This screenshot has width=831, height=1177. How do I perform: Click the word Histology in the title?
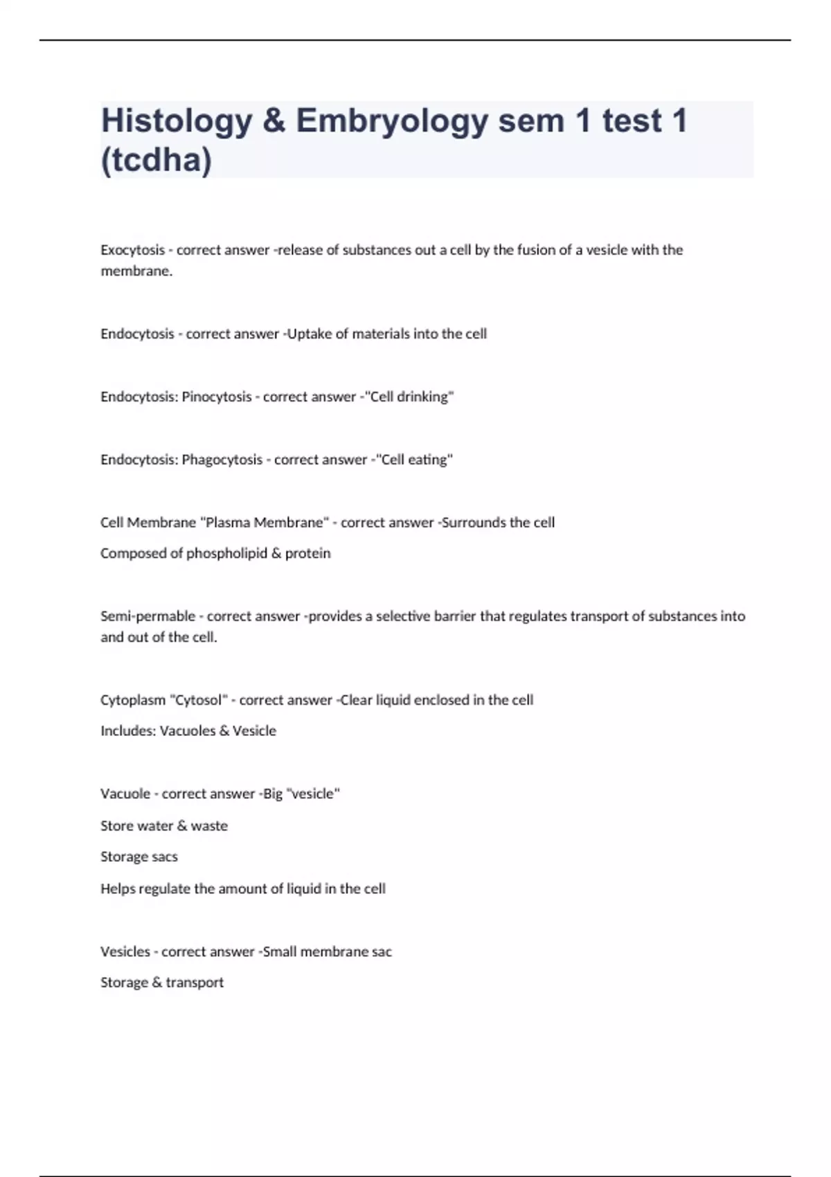[x=177, y=121]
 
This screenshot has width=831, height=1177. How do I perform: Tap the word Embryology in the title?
[x=392, y=121]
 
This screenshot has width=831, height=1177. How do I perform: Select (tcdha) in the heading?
[x=157, y=160]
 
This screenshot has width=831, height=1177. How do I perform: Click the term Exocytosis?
[x=133, y=250]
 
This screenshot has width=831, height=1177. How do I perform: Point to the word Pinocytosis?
[x=217, y=397]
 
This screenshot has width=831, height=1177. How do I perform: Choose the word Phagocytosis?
[x=222, y=460]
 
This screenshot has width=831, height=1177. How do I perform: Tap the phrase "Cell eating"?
[x=413, y=460]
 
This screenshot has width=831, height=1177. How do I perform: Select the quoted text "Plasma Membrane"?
[x=263, y=523]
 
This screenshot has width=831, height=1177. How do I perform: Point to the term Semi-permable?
[x=148, y=616]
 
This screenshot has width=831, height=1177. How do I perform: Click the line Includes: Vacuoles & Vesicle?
[x=188, y=731]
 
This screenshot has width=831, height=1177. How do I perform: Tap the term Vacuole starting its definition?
[x=125, y=794]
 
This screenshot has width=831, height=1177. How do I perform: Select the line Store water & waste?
[x=164, y=826]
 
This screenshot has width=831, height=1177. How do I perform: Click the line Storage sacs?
[x=139, y=857]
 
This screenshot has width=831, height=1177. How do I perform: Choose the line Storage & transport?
[x=162, y=982]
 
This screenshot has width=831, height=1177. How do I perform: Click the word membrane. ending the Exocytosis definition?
[x=136, y=271]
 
